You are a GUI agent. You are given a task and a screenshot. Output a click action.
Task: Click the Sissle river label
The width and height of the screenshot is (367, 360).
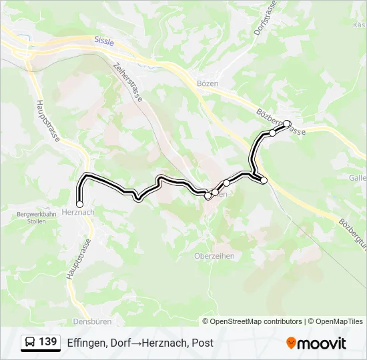tap(104, 41)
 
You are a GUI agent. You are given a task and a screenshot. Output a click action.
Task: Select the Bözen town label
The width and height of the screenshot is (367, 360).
tap(208, 82)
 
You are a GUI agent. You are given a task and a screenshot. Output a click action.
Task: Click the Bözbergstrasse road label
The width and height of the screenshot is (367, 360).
tap(280, 123)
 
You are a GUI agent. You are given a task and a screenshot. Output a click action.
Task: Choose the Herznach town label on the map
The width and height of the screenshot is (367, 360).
tap(77, 211)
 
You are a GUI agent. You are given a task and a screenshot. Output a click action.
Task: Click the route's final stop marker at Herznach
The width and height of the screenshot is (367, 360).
tap(80, 204)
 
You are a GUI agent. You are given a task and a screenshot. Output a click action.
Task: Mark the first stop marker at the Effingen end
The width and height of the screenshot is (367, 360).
tap(287, 123)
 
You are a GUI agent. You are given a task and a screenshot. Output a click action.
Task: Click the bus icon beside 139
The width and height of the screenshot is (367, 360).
tap(30, 343)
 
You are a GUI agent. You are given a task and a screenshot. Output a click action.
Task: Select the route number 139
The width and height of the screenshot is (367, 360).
tap(48, 342)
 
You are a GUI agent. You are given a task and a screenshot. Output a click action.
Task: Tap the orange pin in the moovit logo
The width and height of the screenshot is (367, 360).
tap(291, 343)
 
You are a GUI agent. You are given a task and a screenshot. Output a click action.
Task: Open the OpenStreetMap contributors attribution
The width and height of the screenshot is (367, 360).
tap(256, 321)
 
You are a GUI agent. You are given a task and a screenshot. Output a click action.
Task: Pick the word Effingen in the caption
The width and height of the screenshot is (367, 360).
tap(85, 343)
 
